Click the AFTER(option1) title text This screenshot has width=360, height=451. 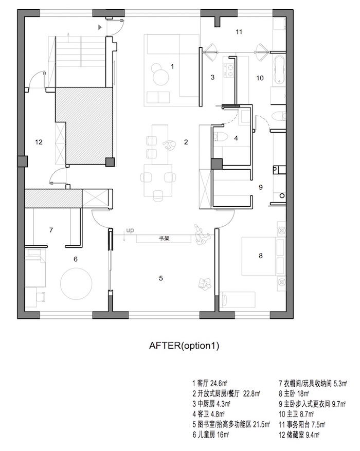coord(184,346)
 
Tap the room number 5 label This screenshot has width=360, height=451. coord(161,278)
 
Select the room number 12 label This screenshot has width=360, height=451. coord(39,142)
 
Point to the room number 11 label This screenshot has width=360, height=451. coord(239,32)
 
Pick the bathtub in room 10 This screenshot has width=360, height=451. coord(279,69)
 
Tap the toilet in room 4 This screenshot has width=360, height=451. coord(221,136)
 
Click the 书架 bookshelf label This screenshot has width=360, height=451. coord(164,238)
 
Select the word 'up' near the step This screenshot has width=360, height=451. coord(130,230)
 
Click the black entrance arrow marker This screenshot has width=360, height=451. coord(100,27)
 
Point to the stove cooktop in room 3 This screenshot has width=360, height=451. coord(229,70)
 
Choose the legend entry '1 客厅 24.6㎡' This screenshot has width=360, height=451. coord(210,383)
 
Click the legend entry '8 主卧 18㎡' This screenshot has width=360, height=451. coord(294,393)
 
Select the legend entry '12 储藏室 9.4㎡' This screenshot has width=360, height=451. coord(299,435)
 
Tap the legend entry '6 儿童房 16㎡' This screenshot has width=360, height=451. coord(210,435)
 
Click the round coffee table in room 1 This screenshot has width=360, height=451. coord(160,77)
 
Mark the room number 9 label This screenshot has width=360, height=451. coord(261,187)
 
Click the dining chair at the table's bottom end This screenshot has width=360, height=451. coord(157,195)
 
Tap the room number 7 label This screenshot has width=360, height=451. coord(51,230)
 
